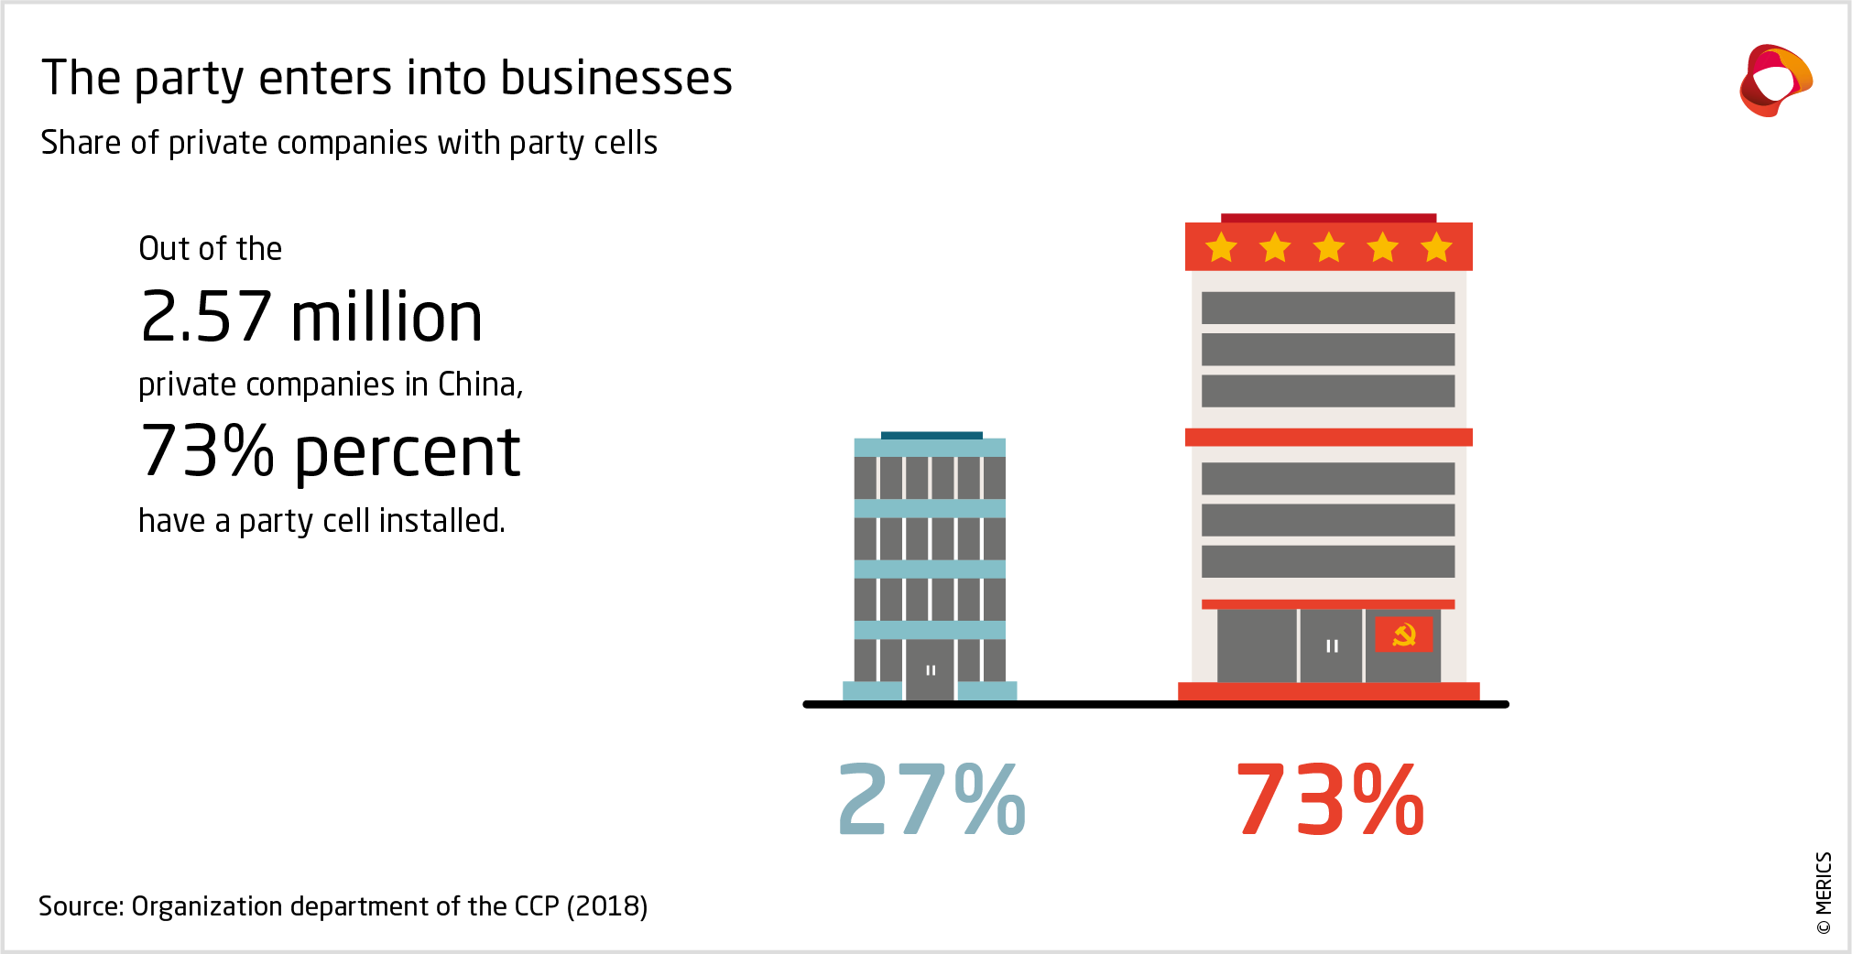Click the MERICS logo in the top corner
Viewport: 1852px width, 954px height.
coord(1775,81)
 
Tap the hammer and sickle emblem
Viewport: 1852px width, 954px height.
coord(1403,634)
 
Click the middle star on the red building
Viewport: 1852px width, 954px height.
coord(1328,247)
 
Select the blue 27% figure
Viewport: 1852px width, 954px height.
coord(931,799)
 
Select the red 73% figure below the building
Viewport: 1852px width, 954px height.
coord(1329,799)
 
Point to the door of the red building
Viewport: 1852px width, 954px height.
coord(1331,646)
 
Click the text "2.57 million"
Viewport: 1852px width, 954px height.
coord(311,317)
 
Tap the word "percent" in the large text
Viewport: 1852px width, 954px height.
coord(408,452)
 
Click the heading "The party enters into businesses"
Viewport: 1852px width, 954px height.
coord(387,78)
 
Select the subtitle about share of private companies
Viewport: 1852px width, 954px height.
coord(349,143)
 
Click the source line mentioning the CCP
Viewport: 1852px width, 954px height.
coord(343,906)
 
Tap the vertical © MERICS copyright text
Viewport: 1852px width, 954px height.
coord(1823,893)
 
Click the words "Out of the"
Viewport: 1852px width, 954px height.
coord(210,249)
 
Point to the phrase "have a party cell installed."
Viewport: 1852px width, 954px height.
coord(321,521)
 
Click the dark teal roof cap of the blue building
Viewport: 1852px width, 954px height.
coord(931,436)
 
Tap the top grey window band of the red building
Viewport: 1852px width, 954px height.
coord(1327,308)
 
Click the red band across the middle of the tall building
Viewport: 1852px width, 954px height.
coord(1328,438)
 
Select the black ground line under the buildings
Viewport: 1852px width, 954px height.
coord(1155,704)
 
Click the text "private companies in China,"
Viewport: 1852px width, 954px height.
coord(331,385)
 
